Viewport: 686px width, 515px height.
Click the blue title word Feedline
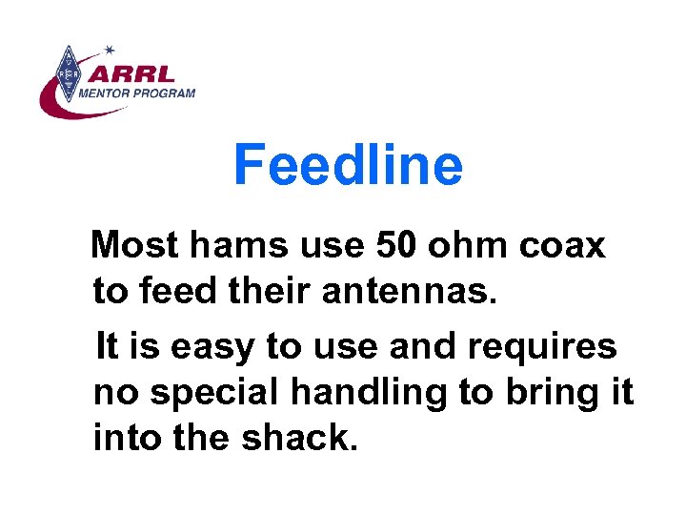point(348,164)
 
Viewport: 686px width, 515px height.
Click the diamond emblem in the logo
point(68,72)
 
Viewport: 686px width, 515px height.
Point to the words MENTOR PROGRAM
point(137,93)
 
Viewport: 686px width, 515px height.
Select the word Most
point(133,246)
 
